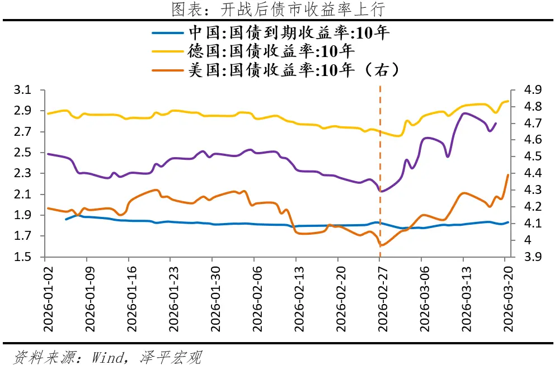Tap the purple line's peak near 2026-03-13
pos(464,113)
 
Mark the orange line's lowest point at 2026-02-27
pos(381,245)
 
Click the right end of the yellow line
pos(508,101)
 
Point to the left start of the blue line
pos(66,219)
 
